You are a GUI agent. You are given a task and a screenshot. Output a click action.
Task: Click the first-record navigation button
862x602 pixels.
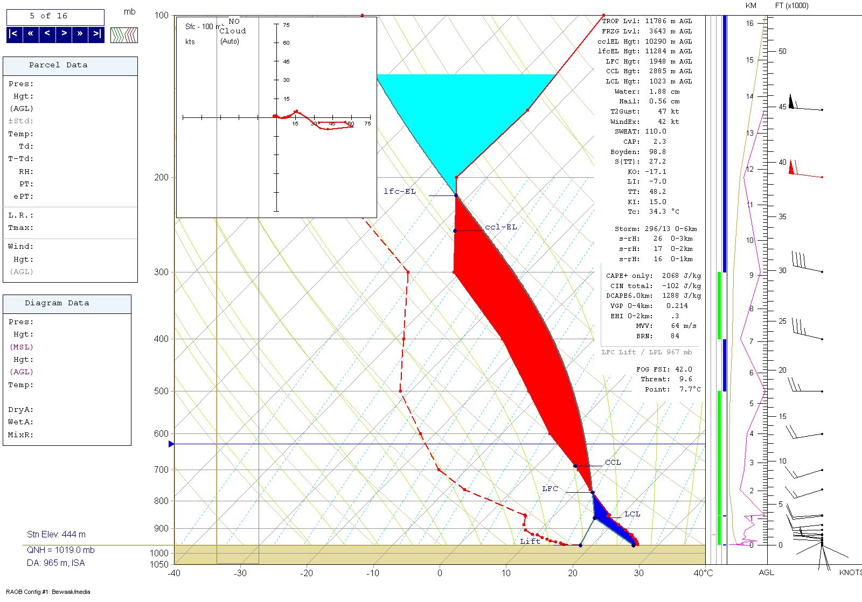[14, 34]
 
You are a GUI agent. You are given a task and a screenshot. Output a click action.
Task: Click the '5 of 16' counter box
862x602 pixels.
[55, 17]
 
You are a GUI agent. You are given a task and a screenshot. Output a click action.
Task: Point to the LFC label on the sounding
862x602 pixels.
[550, 489]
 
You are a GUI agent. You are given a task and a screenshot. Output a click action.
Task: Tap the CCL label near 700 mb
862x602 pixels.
[613, 463]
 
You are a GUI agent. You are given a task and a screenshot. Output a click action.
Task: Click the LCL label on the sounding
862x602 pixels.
[632, 514]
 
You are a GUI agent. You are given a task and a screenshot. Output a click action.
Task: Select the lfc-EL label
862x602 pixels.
[400, 192]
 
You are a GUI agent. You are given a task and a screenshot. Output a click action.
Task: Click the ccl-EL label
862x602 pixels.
[501, 227]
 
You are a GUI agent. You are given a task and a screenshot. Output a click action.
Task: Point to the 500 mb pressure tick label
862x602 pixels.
[161, 391]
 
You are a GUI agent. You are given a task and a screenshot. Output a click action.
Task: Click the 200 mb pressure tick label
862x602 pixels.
[161, 178]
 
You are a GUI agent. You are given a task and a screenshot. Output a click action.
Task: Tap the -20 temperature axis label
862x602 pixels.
[307, 573]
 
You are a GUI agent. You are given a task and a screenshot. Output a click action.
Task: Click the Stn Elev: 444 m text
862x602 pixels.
[56, 535]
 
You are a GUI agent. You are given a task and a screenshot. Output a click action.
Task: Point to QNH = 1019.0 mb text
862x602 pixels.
[60, 550]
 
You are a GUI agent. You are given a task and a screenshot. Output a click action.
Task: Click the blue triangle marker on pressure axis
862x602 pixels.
[171, 444]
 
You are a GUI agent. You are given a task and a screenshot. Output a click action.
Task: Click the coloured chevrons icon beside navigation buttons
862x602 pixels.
[124, 35]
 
